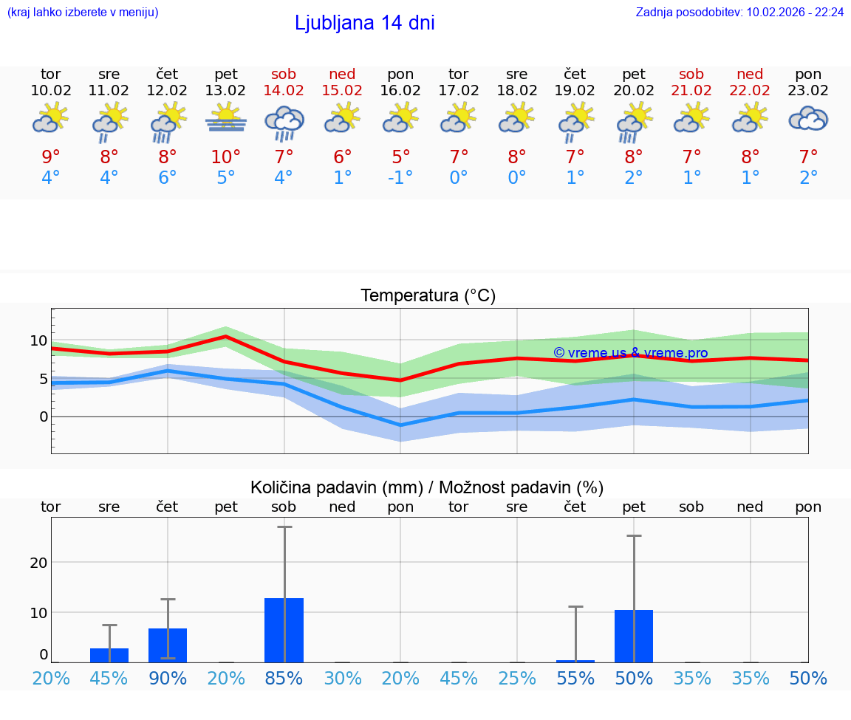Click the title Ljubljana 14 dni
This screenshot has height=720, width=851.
[x=364, y=23]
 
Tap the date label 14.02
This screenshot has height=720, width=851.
[x=284, y=91]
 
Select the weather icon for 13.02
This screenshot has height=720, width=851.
[x=226, y=119]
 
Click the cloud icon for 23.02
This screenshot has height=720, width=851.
[x=808, y=119]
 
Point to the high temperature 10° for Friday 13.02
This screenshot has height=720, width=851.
[x=226, y=157]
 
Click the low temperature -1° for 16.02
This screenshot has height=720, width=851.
[x=400, y=178]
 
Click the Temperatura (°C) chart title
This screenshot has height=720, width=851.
[x=428, y=296]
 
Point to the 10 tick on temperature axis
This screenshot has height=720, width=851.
[x=39, y=340]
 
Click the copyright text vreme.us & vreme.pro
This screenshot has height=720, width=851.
[x=631, y=353]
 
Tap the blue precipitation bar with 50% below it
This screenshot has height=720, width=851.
[x=634, y=636]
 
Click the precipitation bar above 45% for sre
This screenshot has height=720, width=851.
[x=109, y=655]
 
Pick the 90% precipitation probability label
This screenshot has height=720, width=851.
[x=168, y=679]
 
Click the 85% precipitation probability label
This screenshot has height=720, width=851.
[x=284, y=679]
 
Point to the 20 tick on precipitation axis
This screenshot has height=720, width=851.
[x=38, y=563]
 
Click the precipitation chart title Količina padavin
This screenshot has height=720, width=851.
[x=336, y=487]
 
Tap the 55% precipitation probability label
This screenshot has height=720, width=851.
[x=575, y=679]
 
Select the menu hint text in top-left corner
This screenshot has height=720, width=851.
[x=83, y=13]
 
